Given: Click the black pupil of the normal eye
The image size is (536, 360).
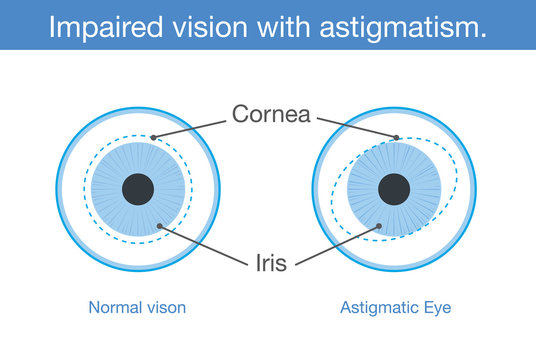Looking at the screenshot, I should [x=138, y=189].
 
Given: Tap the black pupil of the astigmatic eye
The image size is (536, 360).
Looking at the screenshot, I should [x=395, y=189].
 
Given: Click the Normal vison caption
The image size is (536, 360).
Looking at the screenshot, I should [x=137, y=308].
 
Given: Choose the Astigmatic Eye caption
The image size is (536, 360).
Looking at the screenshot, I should [x=395, y=308].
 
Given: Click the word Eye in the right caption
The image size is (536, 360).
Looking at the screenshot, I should [x=437, y=308].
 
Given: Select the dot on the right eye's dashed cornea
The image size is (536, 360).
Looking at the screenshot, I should [x=396, y=138].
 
